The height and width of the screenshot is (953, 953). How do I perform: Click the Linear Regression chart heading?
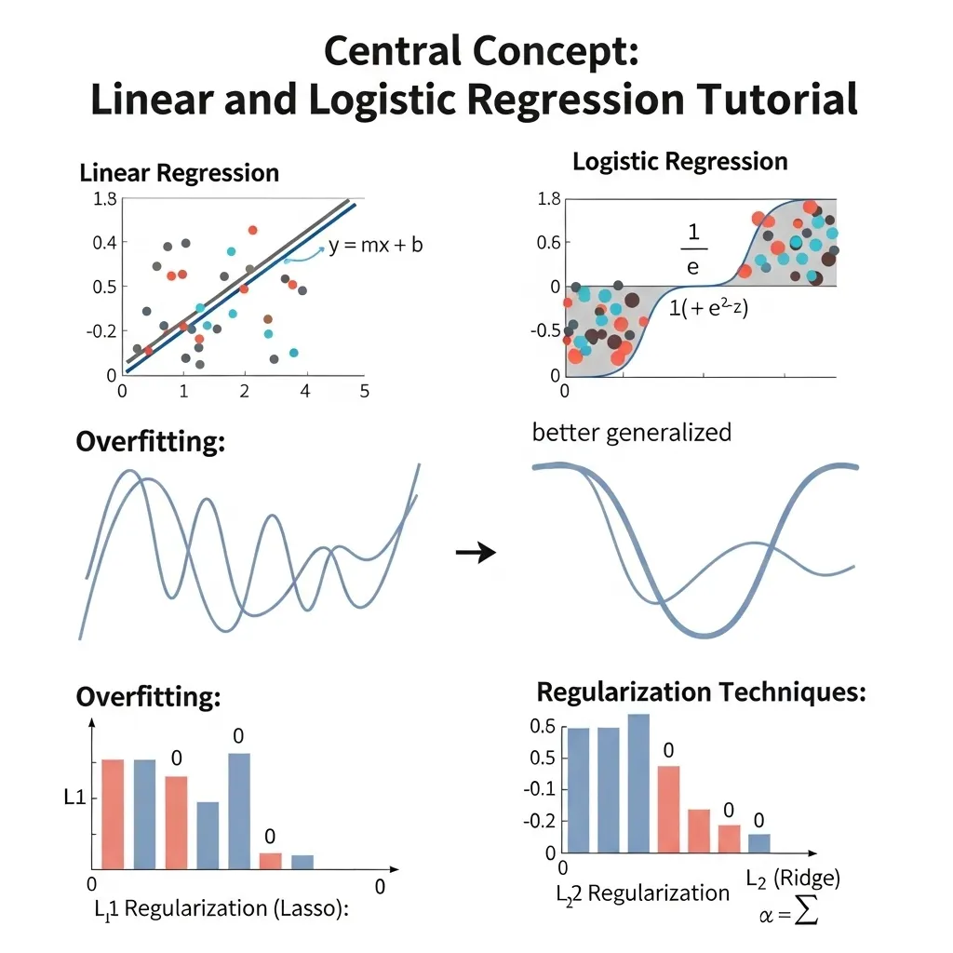[x=180, y=173]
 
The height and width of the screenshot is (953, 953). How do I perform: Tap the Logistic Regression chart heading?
[x=679, y=162]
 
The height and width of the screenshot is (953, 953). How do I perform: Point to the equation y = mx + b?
[x=375, y=246]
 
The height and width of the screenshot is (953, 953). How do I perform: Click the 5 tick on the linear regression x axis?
[x=364, y=391]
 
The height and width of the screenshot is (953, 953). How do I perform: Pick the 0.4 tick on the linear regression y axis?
[x=104, y=242]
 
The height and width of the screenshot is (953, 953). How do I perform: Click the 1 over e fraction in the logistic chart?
[x=693, y=246]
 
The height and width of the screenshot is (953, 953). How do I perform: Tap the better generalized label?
[x=632, y=432]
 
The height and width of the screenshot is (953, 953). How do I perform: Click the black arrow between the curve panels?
[x=476, y=553]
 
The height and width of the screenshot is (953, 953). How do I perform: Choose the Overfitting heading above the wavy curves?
[x=151, y=441]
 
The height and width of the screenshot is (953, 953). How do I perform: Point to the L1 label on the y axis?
[x=74, y=797]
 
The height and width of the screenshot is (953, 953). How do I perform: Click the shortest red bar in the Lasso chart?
[x=270, y=860]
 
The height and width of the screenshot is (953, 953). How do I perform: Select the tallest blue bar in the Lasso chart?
[x=239, y=810]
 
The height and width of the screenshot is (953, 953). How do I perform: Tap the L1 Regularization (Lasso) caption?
[x=221, y=909]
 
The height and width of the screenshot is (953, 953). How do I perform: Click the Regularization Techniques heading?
[x=702, y=692]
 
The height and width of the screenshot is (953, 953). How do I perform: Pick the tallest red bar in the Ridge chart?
[x=668, y=809]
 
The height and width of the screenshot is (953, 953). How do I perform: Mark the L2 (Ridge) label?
[x=794, y=877]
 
